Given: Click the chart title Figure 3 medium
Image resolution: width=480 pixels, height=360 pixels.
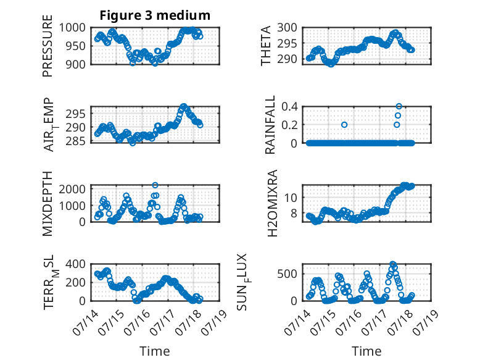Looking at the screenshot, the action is [x=155, y=15].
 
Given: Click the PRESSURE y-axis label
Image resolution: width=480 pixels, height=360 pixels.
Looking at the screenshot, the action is [x=48, y=46].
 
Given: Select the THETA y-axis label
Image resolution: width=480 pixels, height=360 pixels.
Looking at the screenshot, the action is [x=266, y=46].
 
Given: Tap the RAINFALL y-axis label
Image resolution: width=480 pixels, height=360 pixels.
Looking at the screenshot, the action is [x=270, y=125].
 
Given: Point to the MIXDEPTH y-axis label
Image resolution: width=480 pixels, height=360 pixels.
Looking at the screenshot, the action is [x=48, y=204].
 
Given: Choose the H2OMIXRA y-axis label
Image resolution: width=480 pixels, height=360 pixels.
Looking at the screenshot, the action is [x=272, y=203].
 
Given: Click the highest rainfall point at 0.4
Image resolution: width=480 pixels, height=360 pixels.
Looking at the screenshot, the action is [x=399, y=106].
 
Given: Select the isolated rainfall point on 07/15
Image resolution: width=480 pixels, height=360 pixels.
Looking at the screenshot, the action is [x=344, y=125].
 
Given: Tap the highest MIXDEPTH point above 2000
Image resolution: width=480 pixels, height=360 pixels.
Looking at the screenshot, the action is [x=155, y=185].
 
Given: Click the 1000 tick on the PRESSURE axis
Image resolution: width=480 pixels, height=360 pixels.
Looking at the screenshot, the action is [x=72, y=28].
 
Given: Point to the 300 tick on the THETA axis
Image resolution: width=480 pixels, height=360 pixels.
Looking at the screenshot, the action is [x=287, y=28].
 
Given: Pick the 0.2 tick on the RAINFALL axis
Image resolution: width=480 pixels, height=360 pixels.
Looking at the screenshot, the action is [x=289, y=125].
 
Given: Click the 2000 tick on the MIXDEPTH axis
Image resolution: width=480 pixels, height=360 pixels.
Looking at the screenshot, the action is [x=72, y=189].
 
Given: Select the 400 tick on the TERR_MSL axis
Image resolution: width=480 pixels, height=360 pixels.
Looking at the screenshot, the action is [x=76, y=264].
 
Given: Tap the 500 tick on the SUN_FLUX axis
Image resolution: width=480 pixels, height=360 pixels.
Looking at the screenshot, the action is [x=287, y=274].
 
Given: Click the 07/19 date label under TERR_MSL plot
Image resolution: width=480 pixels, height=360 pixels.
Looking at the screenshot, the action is [x=215, y=322].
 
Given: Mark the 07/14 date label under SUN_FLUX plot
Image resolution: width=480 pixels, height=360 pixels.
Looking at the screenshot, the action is [x=297, y=322].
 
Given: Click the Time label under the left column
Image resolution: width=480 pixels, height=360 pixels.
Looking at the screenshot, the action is [x=155, y=351].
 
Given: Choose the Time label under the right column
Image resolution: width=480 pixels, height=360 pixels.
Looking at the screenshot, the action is [x=366, y=351].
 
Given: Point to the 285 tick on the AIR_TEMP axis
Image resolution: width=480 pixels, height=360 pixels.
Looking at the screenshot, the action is [x=76, y=141].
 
